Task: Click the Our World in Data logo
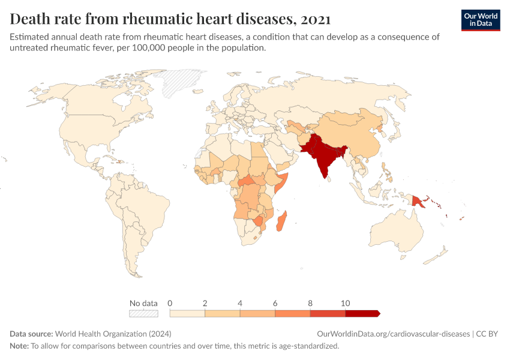coord(480,20)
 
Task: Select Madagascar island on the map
coord(281,221)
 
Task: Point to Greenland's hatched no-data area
coord(183,83)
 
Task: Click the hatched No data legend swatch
coord(143,313)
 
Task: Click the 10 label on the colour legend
coord(345,303)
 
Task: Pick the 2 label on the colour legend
coord(205,303)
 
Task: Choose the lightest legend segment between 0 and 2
coord(187,313)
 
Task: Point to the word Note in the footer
coord(19,346)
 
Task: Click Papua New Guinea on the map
coord(422,199)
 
